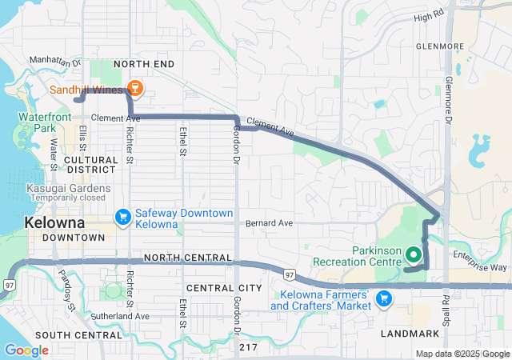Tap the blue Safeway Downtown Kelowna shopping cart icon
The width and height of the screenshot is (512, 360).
[122, 217]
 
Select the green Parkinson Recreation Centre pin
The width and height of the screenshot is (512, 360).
[414, 255]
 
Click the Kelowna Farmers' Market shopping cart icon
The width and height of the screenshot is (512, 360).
[384, 298]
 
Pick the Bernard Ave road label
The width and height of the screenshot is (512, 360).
[269, 222]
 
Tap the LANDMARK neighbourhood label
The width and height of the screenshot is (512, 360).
[410, 333]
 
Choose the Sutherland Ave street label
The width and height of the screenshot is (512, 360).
[120, 317]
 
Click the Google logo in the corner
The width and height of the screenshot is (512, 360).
[26, 350]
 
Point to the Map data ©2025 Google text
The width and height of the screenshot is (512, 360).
[462, 354]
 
